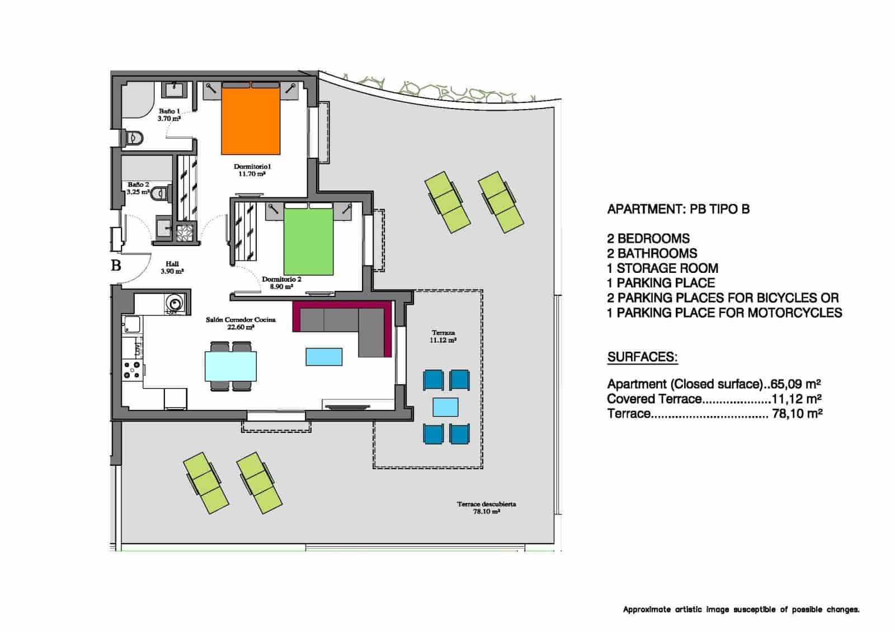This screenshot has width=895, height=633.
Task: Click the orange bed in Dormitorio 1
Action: [x=251, y=119]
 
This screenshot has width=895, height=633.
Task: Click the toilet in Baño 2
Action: [x=161, y=192]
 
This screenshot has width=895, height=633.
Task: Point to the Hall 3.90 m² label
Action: [x=172, y=267]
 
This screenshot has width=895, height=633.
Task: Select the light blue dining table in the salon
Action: [x=231, y=366]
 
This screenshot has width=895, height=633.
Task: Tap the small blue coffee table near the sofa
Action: [x=324, y=356]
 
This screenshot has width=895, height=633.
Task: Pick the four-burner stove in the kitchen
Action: [x=133, y=370]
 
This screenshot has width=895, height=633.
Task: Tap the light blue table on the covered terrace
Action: [x=446, y=407]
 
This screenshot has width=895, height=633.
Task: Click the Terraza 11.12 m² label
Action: [x=442, y=336]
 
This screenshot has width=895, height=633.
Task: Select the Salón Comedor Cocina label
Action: [x=241, y=323]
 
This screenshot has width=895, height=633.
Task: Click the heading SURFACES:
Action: [x=642, y=357]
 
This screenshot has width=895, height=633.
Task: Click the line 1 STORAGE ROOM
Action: [x=662, y=268]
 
